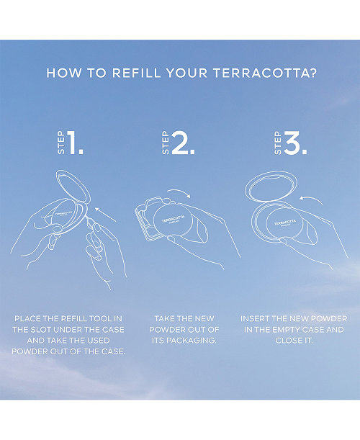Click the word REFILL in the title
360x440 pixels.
click(x=136, y=73)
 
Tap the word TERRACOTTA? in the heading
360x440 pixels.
click(x=265, y=73)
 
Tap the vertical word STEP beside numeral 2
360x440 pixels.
click(x=166, y=143)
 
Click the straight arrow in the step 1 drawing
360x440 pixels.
click(x=105, y=215)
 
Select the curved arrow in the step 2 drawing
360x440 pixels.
click(x=179, y=191)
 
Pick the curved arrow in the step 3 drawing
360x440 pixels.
click(x=311, y=199)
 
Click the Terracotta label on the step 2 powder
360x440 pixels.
click(x=173, y=219)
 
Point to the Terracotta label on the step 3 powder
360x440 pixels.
click(x=285, y=223)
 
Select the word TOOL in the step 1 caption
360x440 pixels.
click(x=100, y=319)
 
